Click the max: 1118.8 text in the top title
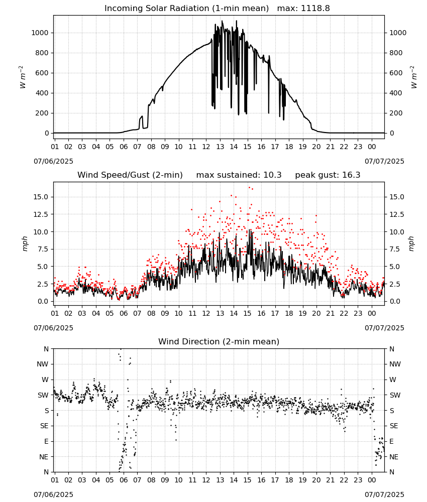tap(303, 9)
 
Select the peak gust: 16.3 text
tap(328, 175)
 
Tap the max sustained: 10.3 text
tap(239, 175)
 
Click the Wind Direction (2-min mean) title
tap(219, 341)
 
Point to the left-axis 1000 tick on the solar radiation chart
tap(40, 33)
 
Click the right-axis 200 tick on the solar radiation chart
tap(396, 113)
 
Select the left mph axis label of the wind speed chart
tap(25, 243)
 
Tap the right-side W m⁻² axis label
tap(413, 77)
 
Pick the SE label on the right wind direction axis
tap(394, 426)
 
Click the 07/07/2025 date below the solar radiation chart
tap(384, 161)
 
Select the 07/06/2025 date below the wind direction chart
tap(53, 494)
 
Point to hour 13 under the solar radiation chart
tap(220, 147)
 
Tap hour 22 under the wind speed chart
tap(344, 313)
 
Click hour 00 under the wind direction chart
tap(372, 480)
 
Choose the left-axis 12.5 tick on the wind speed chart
tap(41, 214)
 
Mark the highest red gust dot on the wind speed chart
tap(249, 188)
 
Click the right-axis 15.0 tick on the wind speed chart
tap(396, 197)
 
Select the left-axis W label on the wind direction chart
tap(45, 380)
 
